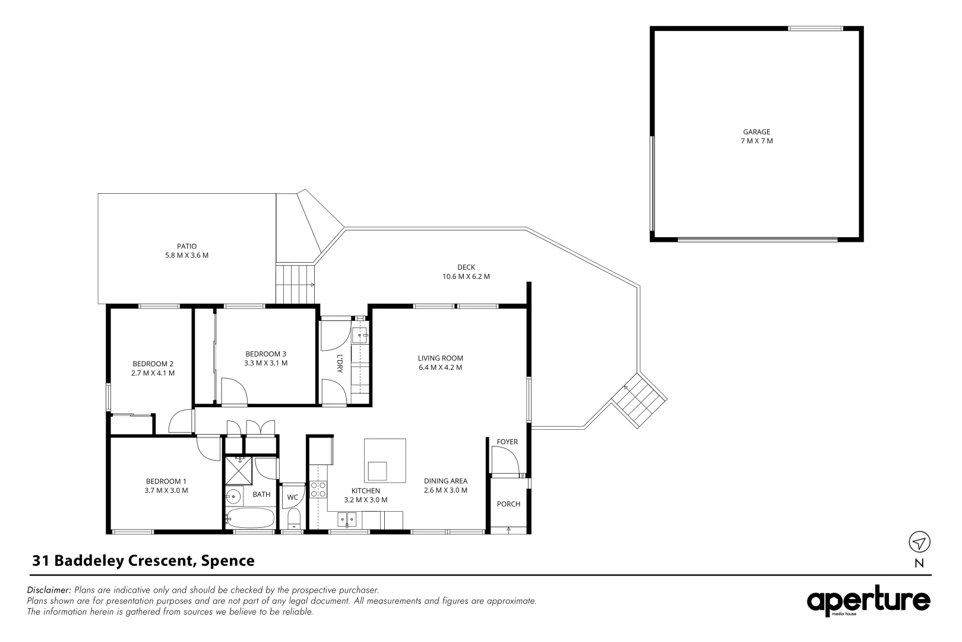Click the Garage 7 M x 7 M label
(757, 137)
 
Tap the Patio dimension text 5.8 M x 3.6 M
(186, 256)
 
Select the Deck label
(466, 267)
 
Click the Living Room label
(440, 358)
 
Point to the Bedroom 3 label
(265, 354)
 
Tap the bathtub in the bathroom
(250, 518)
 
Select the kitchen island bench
(385, 461)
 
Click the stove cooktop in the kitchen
(318, 489)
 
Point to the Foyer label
(507, 442)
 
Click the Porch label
(508, 504)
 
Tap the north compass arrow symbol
(919, 542)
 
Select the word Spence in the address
(228, 561)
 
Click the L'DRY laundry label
(340, 363)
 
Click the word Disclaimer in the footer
(49, 590)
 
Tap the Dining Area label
(445, 481)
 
